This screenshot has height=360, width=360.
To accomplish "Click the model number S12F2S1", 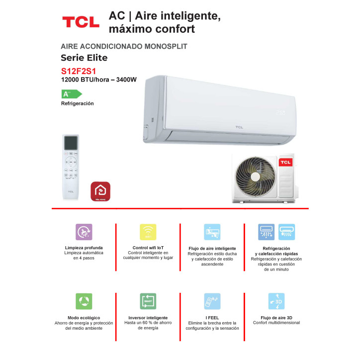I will (79, 71).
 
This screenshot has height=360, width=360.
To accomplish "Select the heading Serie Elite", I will (84, 58).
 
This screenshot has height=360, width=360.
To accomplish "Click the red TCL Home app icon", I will (100, 192).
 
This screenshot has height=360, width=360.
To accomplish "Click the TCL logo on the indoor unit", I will (240, 127).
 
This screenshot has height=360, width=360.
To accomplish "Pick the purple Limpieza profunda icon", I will (84, 232).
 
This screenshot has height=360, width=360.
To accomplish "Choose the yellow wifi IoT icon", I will (148, 232).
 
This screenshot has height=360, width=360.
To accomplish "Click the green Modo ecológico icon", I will (84, 301).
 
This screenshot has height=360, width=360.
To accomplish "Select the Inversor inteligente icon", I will (148, 301).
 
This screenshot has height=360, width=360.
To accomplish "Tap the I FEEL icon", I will (212, 301).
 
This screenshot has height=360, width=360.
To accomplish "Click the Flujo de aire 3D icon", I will (276, 301).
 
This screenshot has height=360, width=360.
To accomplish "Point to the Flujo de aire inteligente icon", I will (212, 232).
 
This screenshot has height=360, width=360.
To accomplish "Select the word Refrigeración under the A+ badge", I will (77, 103).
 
